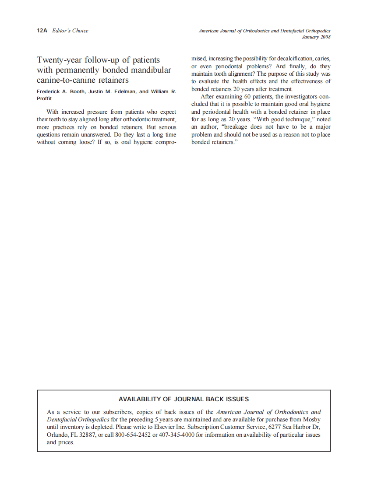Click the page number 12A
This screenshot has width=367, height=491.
pyautogui.click(x=42, y=31)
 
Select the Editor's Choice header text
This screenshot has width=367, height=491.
pyautogui.click(x=70, y=31)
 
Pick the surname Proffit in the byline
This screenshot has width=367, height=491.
pyautogui.click(x=44, y=98)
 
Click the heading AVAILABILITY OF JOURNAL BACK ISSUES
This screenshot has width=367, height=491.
pyautogui.click(x=183, y=399)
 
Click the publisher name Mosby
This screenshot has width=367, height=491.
pyautogui.click(x=312, y=419)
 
